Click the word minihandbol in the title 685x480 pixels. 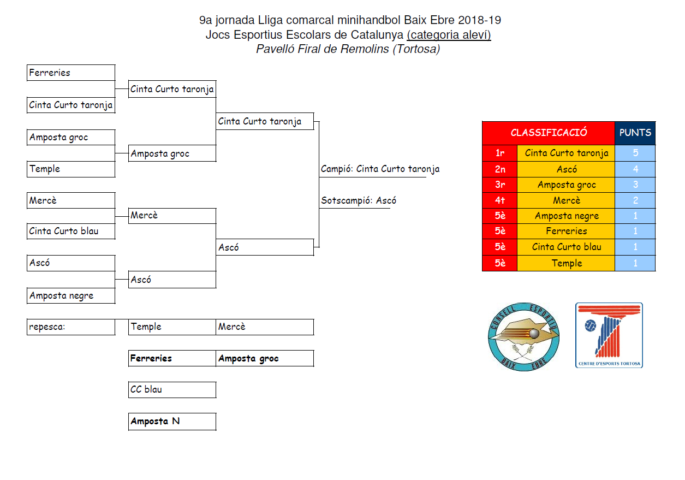370,21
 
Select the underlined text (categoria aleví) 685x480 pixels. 449,35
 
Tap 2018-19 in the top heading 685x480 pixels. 479,21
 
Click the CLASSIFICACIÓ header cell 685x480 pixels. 549,133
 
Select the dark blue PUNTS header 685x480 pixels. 635,133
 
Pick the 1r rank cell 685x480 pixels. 500,153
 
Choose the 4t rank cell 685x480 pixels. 500,200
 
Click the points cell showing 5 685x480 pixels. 635,153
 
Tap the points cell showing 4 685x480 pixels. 635,169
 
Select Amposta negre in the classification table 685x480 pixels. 566,216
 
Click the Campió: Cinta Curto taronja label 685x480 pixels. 380,169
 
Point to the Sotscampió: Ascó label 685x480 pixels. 359,201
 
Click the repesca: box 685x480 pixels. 71,327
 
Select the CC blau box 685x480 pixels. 172,390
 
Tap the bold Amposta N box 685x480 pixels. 172,422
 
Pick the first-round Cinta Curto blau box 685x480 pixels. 71,232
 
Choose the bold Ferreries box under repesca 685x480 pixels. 172,358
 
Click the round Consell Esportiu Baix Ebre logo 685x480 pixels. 523,336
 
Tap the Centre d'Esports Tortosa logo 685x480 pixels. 609,335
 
